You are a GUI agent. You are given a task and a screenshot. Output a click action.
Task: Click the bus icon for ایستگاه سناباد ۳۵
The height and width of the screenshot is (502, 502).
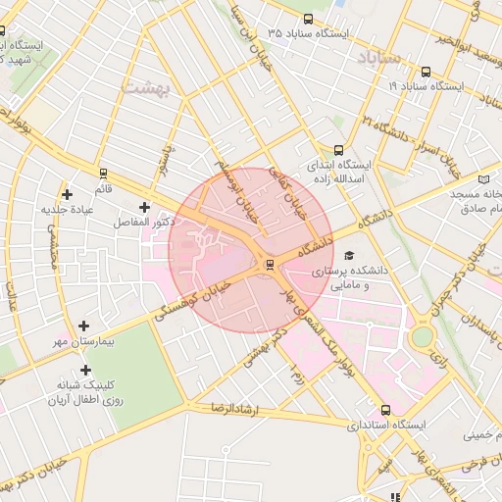click(309, 19)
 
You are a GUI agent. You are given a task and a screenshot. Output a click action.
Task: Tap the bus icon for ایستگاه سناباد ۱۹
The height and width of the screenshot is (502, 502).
click(426, 72)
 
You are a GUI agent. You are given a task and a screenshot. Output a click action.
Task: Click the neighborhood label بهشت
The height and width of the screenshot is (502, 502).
click(146, 88)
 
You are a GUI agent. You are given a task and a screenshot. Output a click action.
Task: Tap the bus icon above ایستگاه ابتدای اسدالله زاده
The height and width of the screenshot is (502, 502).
click(338, 151)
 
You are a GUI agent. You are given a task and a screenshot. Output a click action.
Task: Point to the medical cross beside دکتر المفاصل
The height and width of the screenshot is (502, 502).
click(145, 207)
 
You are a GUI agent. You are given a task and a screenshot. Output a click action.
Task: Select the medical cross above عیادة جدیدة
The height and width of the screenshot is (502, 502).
click(67, 194)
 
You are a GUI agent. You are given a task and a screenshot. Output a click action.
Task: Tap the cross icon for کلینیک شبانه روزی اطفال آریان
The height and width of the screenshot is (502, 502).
click(86, 370)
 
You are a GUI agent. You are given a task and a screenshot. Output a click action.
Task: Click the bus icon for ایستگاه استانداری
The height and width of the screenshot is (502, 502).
click(384, 411)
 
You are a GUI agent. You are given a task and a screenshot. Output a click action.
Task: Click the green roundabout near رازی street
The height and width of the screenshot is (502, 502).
click(422, 337)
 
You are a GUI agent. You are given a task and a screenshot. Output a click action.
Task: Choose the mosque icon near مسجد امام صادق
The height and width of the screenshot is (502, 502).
click(483, 178)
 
